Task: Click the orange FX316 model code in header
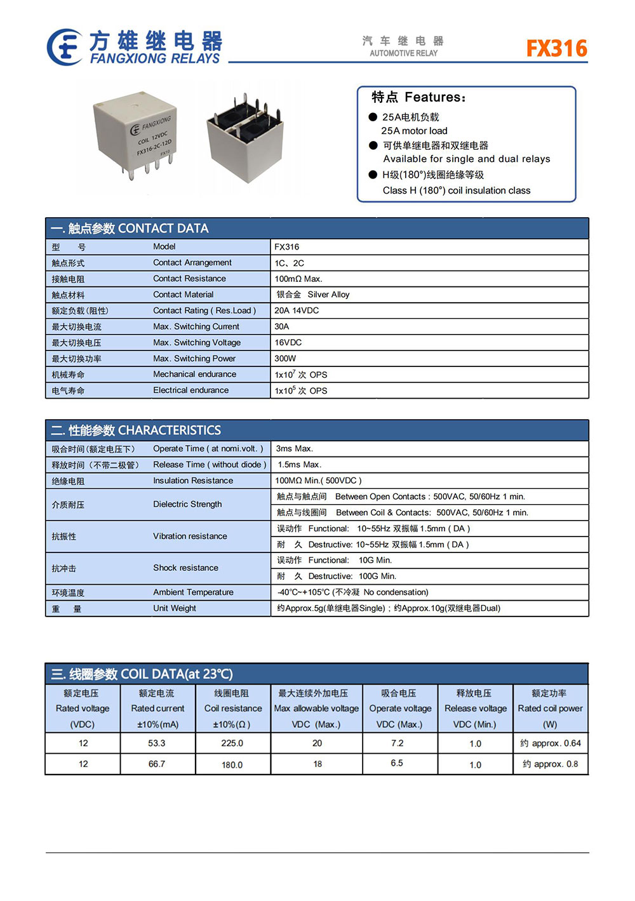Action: pos(557,48)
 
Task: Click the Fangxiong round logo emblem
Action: pos(65,47)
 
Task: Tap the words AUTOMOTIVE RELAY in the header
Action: pos(404,53)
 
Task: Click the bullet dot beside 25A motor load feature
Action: pos(373,117)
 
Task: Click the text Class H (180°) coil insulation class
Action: pos(456,190)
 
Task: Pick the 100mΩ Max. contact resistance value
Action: pos(298,279)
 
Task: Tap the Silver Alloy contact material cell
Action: pos(313,295)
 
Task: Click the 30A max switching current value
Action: pos(282,326)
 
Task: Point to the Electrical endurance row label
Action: pos(190,390)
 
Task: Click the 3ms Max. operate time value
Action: pos(295,448)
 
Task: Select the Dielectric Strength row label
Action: pos(187,504)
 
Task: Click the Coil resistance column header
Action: pos(233,709)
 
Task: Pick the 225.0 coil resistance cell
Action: pos(232,743)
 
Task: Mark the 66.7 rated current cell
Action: pos(157,764)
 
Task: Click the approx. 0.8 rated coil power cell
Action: pos(551,764)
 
